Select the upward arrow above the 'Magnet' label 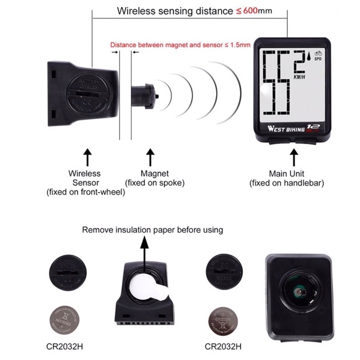tap(150, 158)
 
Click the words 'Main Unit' tap(287, 173)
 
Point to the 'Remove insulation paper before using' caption tap(152, 230)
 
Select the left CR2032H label tap(65, 347)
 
